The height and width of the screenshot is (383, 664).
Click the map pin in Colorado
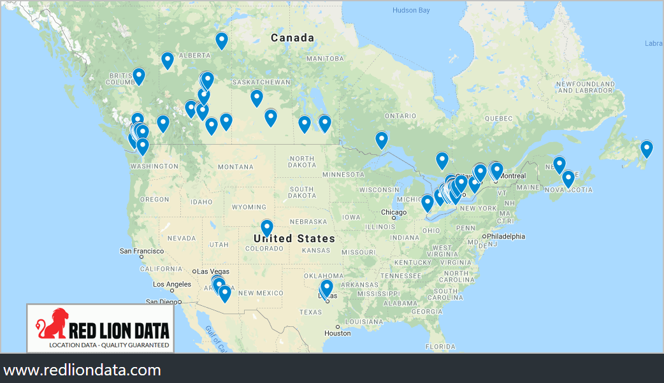267,228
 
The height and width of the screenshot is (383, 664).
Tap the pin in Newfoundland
647,148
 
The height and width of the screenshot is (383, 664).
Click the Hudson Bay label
411,10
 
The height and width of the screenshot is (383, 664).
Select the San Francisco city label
143,251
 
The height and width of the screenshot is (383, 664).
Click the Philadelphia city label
506,236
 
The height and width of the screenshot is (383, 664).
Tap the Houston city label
337,333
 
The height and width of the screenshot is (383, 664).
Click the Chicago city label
393,212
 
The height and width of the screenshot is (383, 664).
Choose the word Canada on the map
292,38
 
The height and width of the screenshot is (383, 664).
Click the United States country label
294,238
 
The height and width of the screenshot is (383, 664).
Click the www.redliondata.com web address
82,370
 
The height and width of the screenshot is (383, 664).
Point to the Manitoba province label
325,59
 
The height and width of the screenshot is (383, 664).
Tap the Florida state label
440,347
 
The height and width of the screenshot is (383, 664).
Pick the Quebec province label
498,119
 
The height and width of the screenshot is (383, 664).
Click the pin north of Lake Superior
382,140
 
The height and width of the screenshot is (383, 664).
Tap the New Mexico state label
260,293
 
